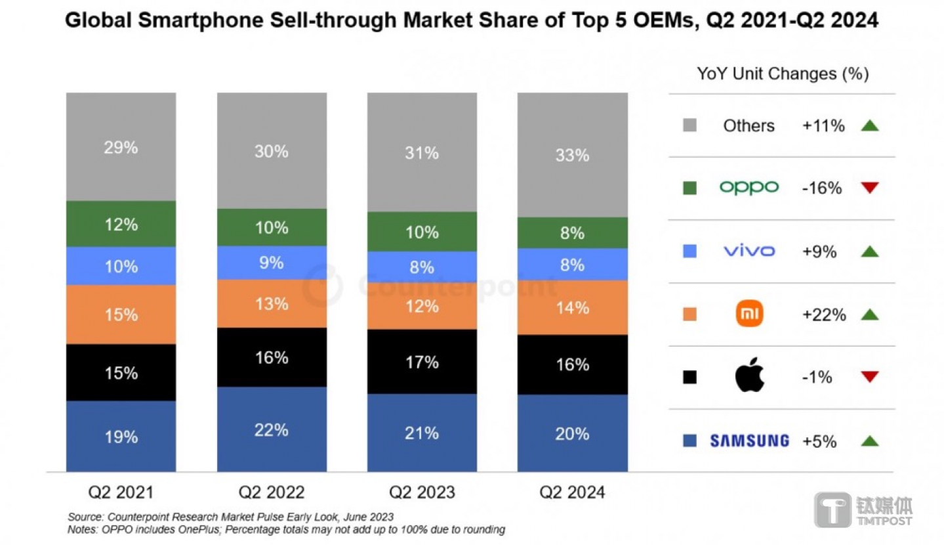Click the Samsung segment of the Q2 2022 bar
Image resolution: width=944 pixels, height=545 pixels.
(272, 429)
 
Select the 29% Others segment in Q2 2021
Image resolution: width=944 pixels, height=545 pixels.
(121, 147)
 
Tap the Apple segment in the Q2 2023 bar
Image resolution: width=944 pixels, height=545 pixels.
(422, 361)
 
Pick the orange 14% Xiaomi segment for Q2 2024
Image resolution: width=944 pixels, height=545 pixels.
(572, 307)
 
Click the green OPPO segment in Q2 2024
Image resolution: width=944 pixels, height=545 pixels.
(572, 232)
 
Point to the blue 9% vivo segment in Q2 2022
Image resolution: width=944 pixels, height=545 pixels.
(272, 263)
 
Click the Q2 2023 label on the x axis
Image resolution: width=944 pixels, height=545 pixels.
(422, 492)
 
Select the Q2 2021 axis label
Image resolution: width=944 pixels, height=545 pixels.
(121, 492)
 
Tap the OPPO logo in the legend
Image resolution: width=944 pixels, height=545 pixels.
(749, 188)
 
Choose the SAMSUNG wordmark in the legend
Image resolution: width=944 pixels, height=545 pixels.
(749, 441)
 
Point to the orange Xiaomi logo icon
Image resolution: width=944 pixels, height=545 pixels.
(749, 315)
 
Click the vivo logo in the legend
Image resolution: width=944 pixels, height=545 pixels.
(749, 251)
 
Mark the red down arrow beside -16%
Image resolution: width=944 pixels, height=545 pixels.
(870, 188)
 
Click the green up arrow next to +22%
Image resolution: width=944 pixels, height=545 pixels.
(870, 315)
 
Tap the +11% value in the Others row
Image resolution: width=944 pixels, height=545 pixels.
(823, 125)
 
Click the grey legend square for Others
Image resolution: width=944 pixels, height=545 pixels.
(689, 125)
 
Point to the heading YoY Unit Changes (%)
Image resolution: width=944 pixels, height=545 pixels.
(782, 74)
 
